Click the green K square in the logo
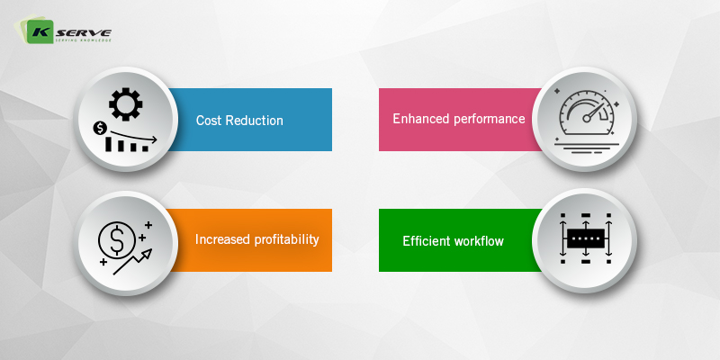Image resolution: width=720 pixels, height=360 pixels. click(40, 32)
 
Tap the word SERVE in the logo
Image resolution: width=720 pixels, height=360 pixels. click(84, 33)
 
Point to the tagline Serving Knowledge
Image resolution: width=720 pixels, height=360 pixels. click(83, 40)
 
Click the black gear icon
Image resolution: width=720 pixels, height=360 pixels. click(125, 104)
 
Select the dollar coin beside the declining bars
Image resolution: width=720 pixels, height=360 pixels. click(100, 129)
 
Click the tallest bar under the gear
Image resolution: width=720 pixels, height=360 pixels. click(109, 144)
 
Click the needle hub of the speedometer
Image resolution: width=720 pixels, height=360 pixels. click(587, 119)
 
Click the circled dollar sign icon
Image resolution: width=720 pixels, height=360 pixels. click(117, 239)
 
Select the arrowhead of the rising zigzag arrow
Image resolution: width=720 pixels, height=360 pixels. click(148, 254)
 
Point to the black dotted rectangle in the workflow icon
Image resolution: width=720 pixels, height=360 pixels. click(586, 238)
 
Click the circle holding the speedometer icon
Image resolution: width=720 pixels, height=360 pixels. click(584, 119)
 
